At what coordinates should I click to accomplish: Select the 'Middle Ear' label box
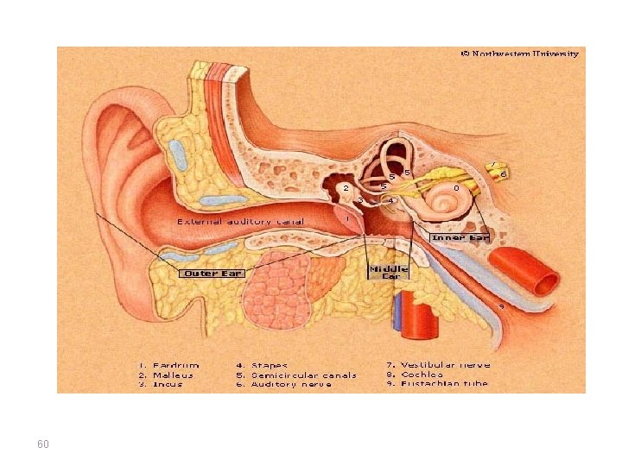(389, 272)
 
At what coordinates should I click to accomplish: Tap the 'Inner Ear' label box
(460, 237)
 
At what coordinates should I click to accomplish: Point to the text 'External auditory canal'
(241, 221)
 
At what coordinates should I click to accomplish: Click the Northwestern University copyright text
(519, 54)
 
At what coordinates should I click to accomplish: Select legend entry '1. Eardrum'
(169, 365)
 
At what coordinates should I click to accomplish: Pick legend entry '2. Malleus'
(168, 375)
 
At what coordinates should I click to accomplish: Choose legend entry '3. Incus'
(163, 384)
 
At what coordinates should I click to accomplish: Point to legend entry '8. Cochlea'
(415, 375)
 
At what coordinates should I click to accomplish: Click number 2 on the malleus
(346, 187)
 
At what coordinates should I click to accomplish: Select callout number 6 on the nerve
(504, 174)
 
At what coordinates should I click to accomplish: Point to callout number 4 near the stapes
(391, 200)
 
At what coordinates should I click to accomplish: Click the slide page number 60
(43, 444)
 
